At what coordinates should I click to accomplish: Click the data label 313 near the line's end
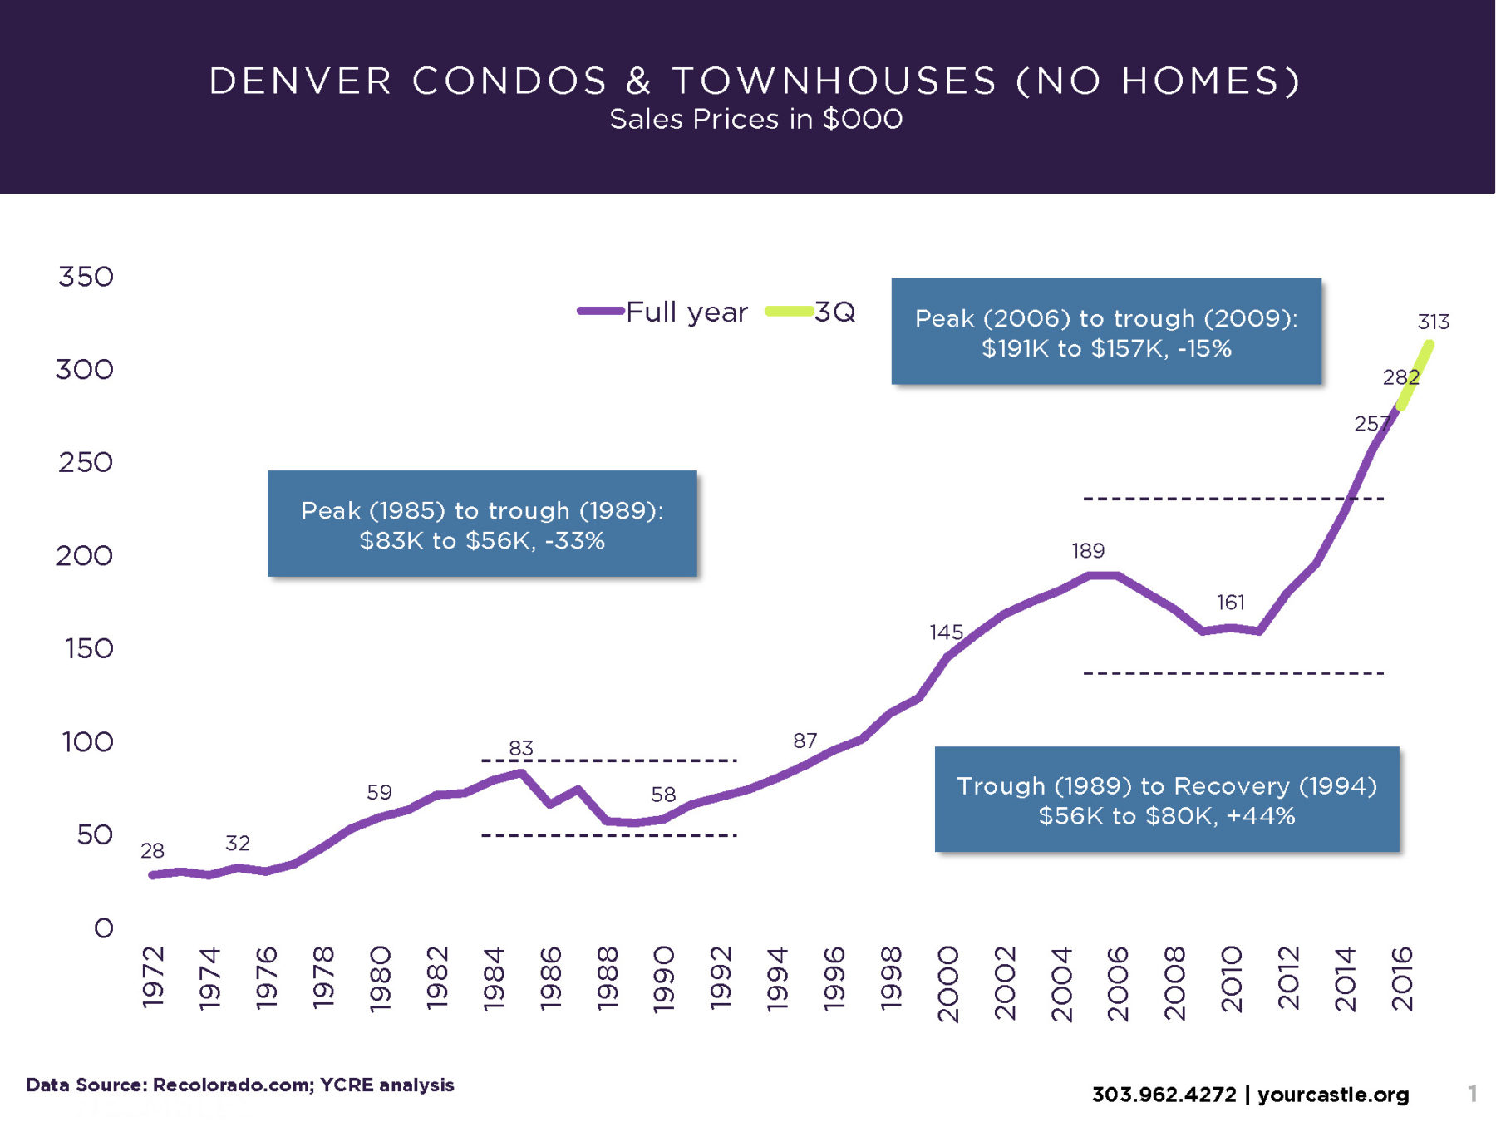[1433, 322]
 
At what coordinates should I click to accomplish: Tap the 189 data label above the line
[1087, 550]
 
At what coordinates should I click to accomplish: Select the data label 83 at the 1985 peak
[521, 748]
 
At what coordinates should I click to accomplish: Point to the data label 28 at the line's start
[152, 850]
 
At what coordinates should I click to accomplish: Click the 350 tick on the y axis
[86, 277]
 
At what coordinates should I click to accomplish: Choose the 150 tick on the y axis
[89, 648]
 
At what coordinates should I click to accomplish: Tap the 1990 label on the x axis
[663, 978]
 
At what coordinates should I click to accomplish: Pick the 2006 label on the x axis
[1118, 982]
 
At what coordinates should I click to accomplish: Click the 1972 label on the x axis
[153, 977]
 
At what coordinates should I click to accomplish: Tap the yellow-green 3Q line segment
[1415, 376]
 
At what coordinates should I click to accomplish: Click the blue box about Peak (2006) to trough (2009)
[1106, 332]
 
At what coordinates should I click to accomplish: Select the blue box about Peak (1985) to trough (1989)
[482, 524]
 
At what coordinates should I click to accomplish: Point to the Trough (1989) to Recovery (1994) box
[1167, 800]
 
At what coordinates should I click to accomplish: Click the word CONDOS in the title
[509, 81]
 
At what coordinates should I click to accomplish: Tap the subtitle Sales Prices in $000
[755, 120]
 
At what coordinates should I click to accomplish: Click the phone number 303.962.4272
[1164, 1095]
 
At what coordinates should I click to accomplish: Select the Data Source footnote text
[240, 1085]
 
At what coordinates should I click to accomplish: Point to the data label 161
[1231, 602]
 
